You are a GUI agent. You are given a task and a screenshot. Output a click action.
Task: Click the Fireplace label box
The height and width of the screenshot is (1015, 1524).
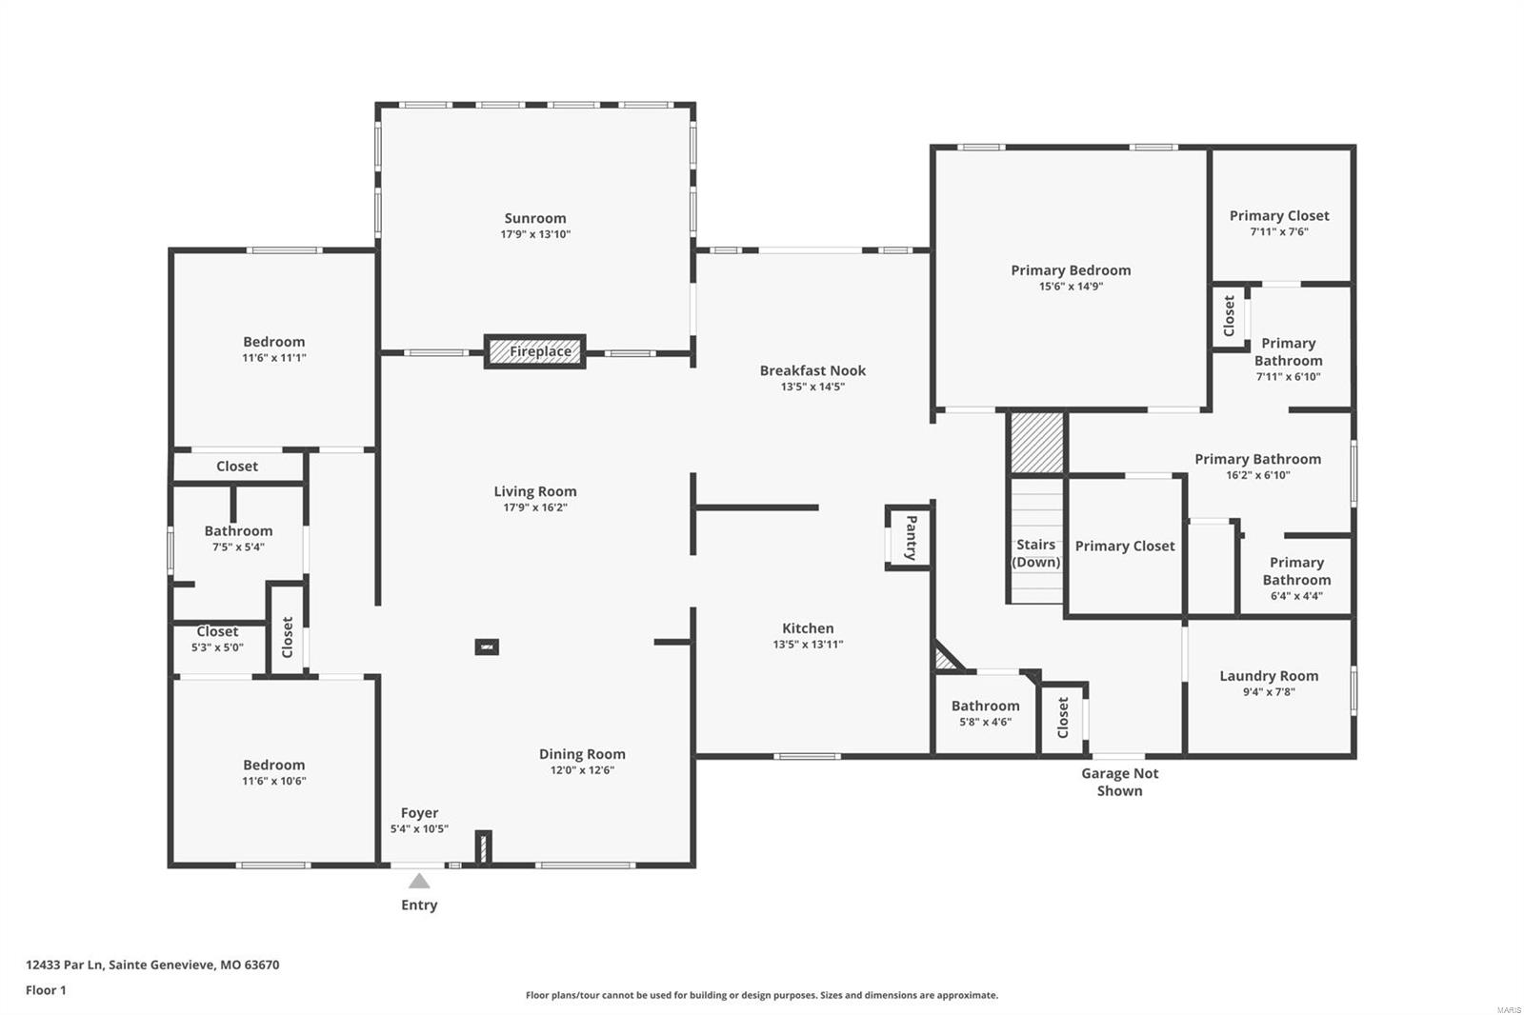[535, 351]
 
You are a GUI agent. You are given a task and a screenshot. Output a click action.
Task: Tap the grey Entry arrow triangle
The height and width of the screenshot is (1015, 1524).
[419, 881]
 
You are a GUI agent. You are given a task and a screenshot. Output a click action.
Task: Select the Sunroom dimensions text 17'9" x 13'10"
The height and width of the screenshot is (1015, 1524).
[535, 234]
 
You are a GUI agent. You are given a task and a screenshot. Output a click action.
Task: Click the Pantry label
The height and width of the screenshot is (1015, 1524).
[911, 538]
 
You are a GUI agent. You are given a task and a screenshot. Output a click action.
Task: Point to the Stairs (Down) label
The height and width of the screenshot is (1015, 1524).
[1035, 552]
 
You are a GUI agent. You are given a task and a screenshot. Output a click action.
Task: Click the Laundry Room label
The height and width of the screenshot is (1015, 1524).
[1269, 676]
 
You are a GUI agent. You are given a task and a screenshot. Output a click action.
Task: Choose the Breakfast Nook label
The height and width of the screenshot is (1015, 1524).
[812, 370]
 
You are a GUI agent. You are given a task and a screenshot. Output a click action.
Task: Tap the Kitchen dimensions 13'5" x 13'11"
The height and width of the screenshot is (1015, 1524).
[808, 645]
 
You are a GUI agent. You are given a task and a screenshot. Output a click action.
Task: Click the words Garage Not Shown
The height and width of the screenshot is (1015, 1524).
[1119, 782]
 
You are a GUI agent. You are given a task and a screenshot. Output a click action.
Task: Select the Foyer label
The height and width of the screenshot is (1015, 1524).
[419, 812]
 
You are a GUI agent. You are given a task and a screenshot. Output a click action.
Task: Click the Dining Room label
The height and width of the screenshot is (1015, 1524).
[582, 754]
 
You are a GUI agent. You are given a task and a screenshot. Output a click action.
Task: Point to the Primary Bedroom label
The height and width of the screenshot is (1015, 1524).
[1071, 270]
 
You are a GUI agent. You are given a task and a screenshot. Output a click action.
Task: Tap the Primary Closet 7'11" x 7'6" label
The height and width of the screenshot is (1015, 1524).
[1279, 216]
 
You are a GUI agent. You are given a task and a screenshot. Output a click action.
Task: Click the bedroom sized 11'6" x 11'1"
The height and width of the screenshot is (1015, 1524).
[273, 342]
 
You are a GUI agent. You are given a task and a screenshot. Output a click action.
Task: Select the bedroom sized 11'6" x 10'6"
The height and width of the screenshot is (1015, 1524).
[273, 765]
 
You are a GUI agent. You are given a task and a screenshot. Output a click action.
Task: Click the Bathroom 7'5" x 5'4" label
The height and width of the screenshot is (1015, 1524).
[238, 531]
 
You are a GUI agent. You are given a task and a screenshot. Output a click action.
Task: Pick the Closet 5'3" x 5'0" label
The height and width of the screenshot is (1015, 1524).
[217, 631]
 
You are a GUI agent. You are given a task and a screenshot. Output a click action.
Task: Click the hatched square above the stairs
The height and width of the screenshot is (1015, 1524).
[1036, 442]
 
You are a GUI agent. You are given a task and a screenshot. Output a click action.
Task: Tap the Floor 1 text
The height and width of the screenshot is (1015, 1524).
[46, 990]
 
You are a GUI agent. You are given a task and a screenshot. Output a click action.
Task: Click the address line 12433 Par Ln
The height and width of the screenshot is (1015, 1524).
[152, 965]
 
